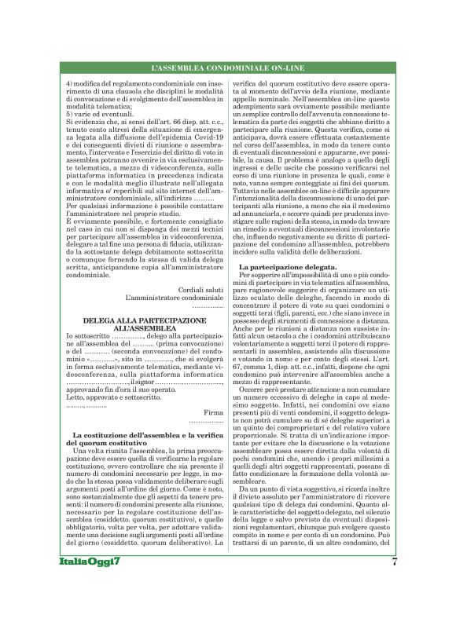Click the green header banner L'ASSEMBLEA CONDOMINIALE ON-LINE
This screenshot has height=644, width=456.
[227, 71]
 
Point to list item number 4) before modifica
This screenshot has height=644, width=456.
[68, 83]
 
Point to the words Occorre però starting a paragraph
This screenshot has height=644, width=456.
[263, 366]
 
